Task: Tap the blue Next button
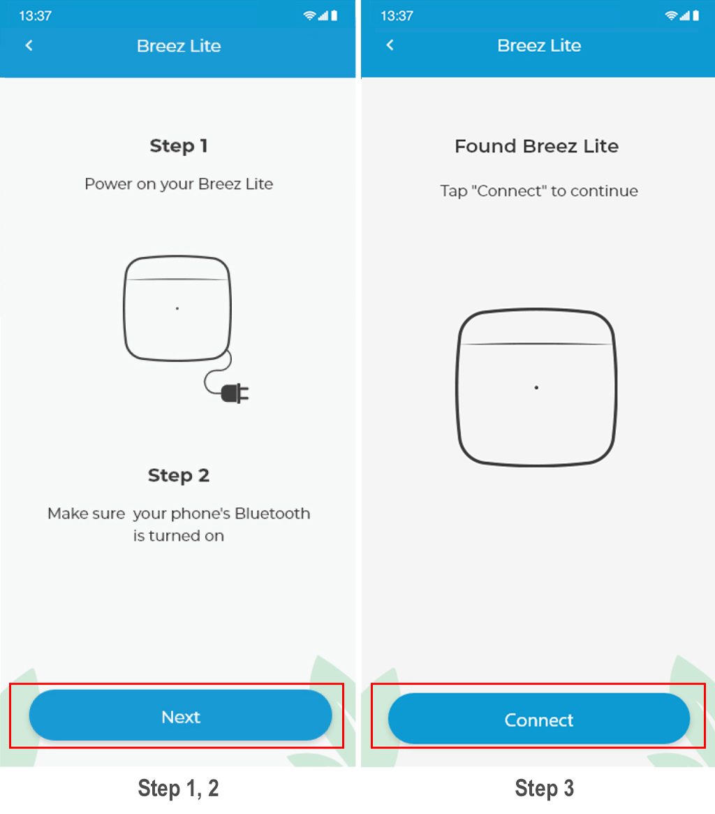point(181,715)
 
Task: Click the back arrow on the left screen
point(29,45)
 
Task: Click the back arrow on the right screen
point(390,45)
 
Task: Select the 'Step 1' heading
point(179,146)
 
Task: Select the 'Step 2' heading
point(179,475)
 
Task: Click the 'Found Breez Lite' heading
point(536,146)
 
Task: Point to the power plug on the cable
point(235,393)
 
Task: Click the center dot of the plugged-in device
point(177,308)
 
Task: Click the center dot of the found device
point(536,387)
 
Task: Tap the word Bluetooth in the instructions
point(272,514)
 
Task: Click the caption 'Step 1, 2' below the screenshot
point(178,788)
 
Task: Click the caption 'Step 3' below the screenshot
point(545,788)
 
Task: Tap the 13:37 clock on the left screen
point(36,15)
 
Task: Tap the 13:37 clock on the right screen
point(397,15)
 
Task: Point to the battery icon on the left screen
point(334,15)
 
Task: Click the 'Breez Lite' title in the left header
point(179,45)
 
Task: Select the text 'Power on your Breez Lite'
point(179,184)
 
